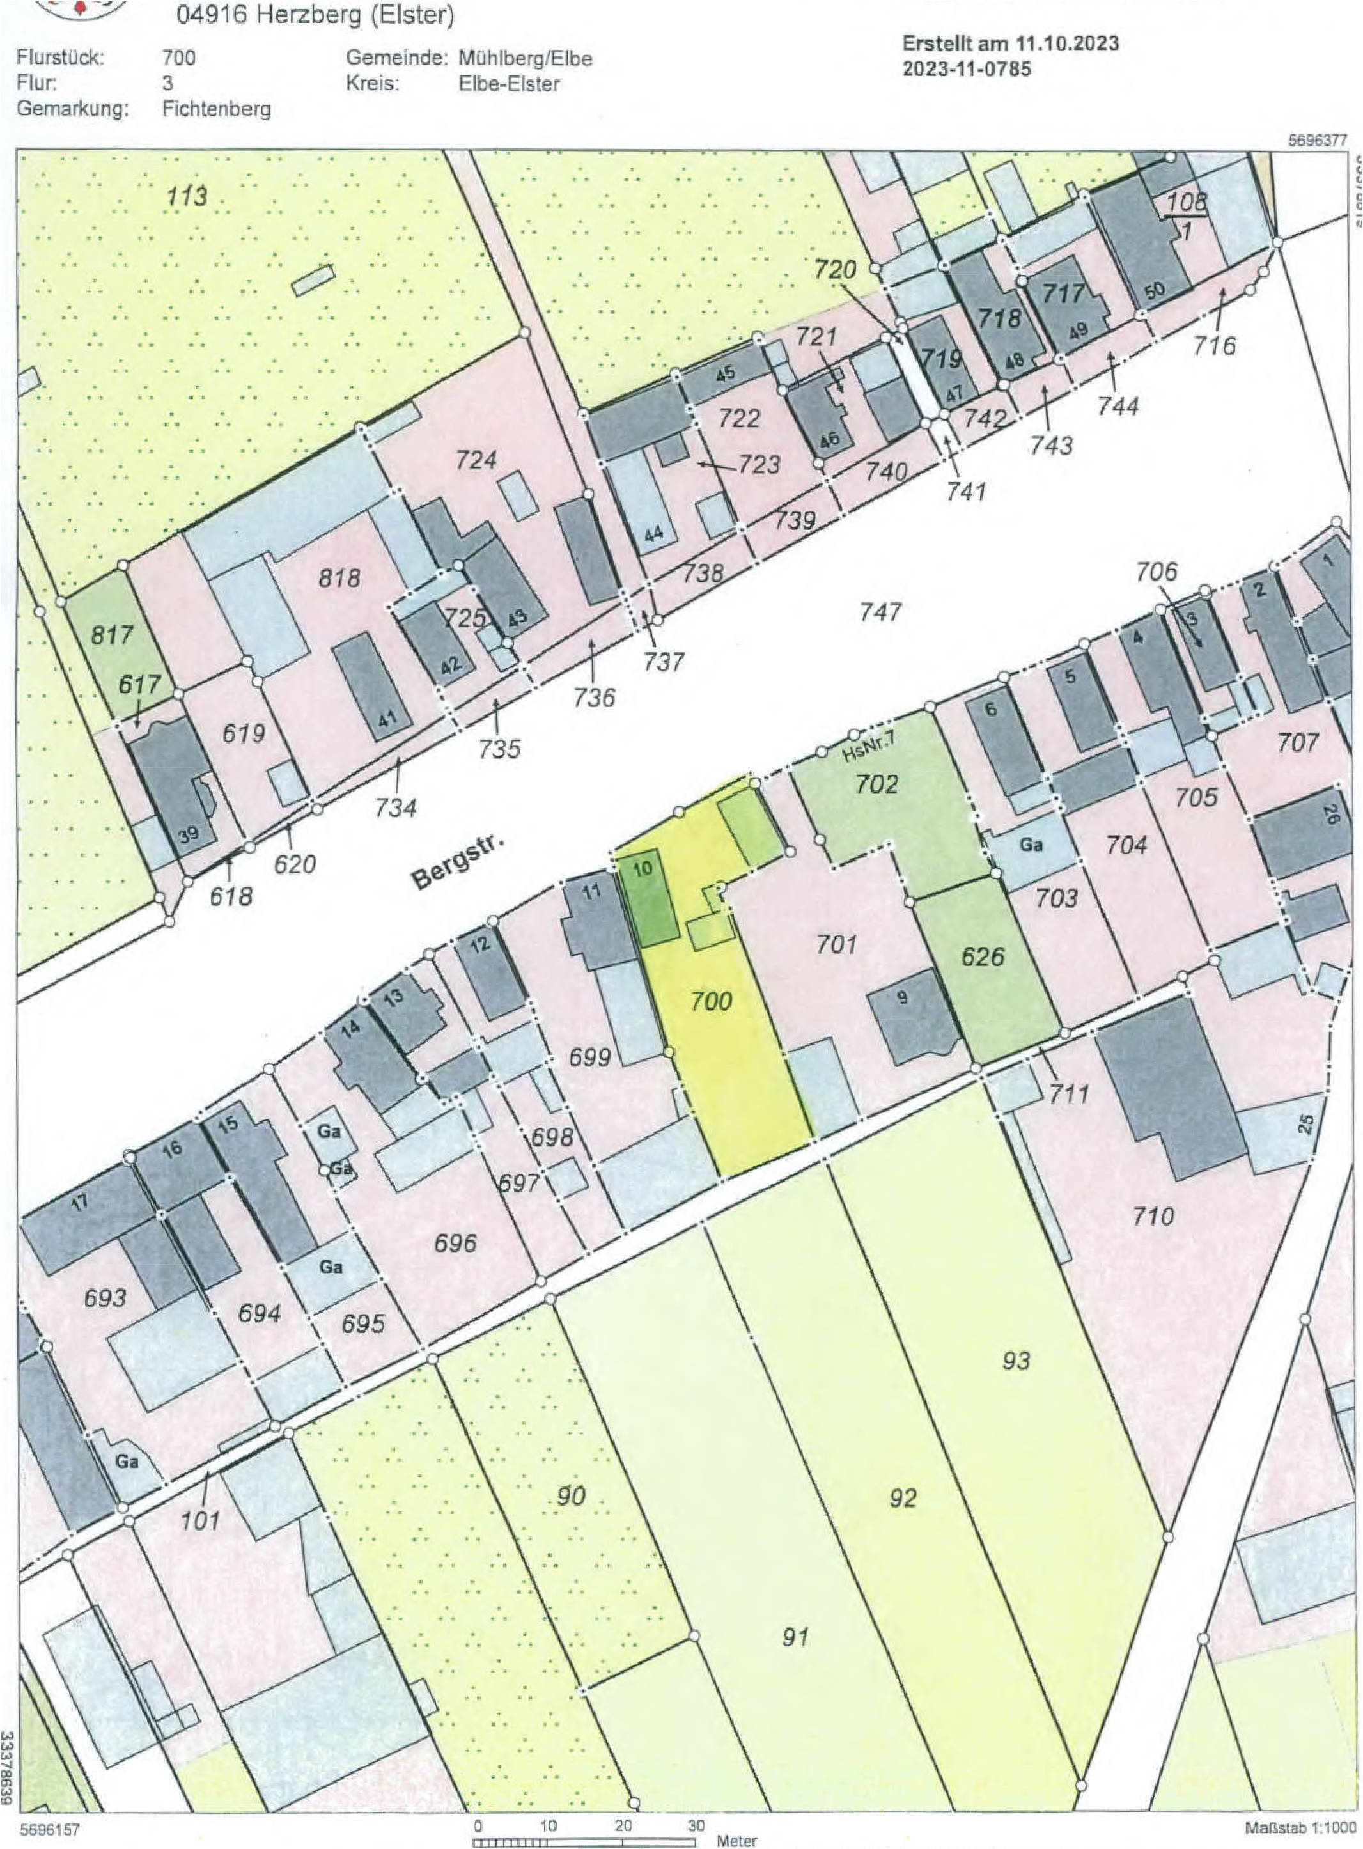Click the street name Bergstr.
click(458, 863)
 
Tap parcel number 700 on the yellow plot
click(710, 1001)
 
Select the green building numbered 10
click(650, 900)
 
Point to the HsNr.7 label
click(869, 753)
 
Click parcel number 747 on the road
click(880, 611)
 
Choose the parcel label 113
click(187, 196)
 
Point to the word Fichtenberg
click(216, 109)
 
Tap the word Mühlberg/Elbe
click(525, 59)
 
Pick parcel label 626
click(983, 956)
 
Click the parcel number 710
click(1153, 1215)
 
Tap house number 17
click(79, 1202)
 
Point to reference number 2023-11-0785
click(966, 69)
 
